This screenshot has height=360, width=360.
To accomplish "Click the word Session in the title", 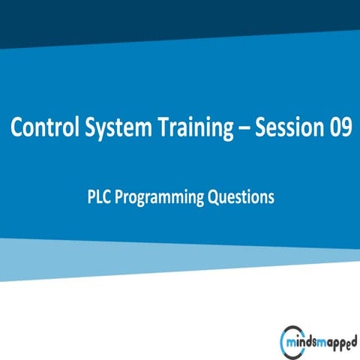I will [286, 128].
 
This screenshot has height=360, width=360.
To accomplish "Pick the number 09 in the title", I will [337, 128].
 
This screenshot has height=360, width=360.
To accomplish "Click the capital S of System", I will [86, 128].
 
